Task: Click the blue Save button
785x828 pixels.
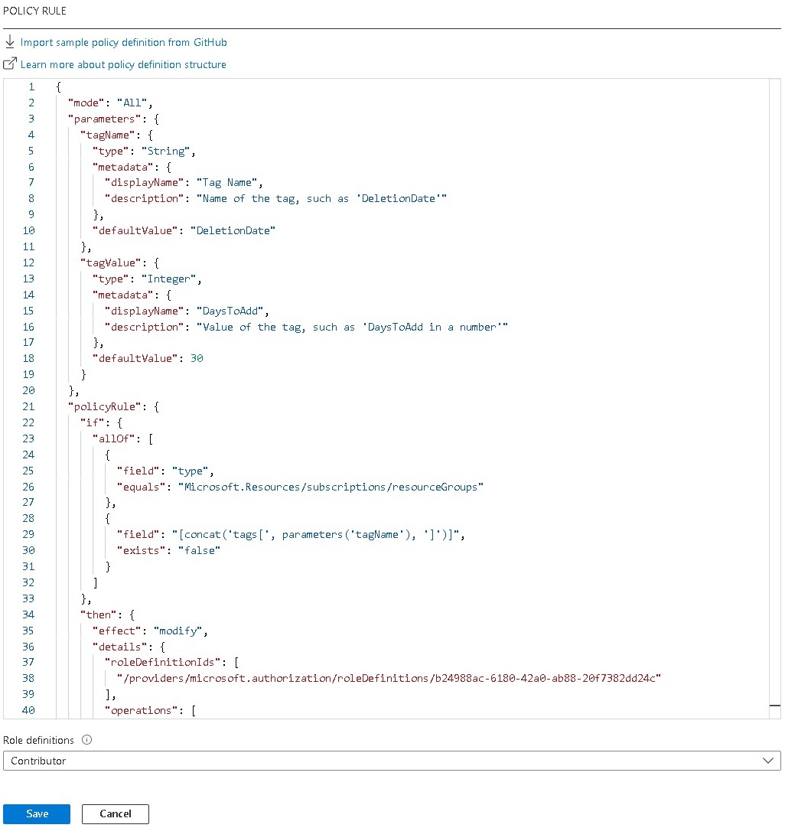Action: point(37,814)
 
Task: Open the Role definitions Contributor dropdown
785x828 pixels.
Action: point(392,761)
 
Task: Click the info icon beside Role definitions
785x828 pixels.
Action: point(86,740)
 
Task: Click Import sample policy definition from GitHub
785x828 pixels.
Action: point(123,42)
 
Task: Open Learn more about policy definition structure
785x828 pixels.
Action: point(123,64)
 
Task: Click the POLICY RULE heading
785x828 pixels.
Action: point(34,11)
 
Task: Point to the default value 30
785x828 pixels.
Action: point(197,359)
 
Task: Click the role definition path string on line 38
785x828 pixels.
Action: point(388,678)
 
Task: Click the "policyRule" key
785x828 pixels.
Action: point(103,407)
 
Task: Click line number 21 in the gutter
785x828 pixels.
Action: point(28,407)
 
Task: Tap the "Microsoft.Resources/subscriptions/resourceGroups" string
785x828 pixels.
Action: point(331,487)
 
